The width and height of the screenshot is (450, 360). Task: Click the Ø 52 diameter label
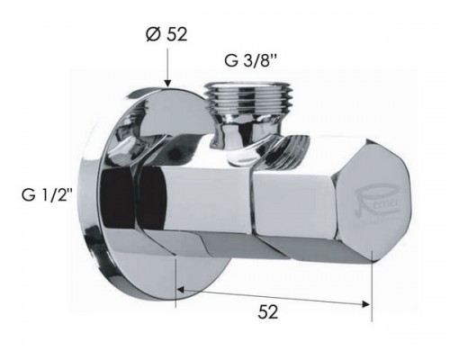166,37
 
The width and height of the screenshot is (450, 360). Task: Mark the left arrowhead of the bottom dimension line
180,291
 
